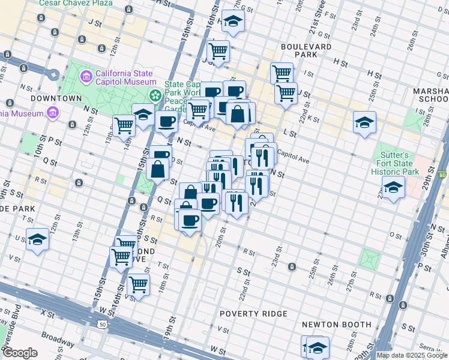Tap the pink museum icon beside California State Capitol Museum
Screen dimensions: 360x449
pos(86,77)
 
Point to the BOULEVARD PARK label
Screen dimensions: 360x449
pos(306,50)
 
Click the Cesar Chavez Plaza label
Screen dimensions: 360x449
pos(75,3)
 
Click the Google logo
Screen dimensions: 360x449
pos(20,353)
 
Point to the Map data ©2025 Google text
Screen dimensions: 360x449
pos(412,355)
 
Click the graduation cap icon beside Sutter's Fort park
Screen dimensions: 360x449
pos(393,188)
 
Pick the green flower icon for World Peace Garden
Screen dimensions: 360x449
pos(155,95)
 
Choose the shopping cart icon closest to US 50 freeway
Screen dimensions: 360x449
pos(138,285)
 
